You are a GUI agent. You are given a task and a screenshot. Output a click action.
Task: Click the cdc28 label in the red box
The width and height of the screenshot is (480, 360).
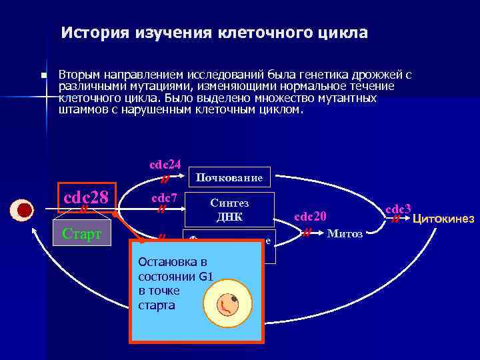(x=86, y=197)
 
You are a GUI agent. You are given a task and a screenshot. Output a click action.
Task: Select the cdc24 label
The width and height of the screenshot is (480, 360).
(x=165, y=164)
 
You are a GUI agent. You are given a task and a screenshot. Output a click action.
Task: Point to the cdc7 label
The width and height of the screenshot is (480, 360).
(x=164, y=197)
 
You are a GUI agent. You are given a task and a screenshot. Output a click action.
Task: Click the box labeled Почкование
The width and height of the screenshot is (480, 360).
(x=230, y=177)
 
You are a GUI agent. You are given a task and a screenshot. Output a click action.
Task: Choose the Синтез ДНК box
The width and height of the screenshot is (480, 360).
(x=229, y=209)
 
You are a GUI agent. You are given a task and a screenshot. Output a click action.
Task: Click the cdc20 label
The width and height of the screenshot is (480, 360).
(x=310, y=216)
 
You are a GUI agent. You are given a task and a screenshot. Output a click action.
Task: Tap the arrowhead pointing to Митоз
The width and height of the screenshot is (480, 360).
(x=321, y=234)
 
